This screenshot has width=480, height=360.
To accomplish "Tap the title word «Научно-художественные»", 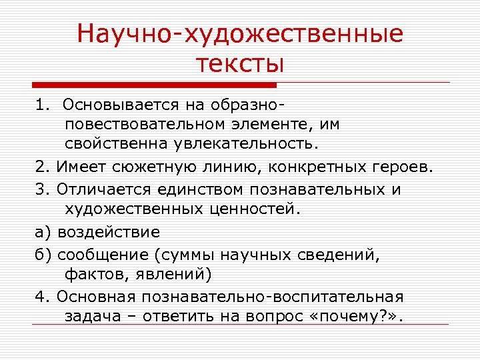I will (240, 33).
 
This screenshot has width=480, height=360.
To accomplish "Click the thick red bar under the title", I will (154, 85).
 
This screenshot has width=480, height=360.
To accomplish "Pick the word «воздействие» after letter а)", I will (109, 232).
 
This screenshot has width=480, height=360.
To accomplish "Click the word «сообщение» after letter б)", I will (100, 254).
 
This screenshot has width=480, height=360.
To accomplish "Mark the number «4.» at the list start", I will (41, 295).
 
